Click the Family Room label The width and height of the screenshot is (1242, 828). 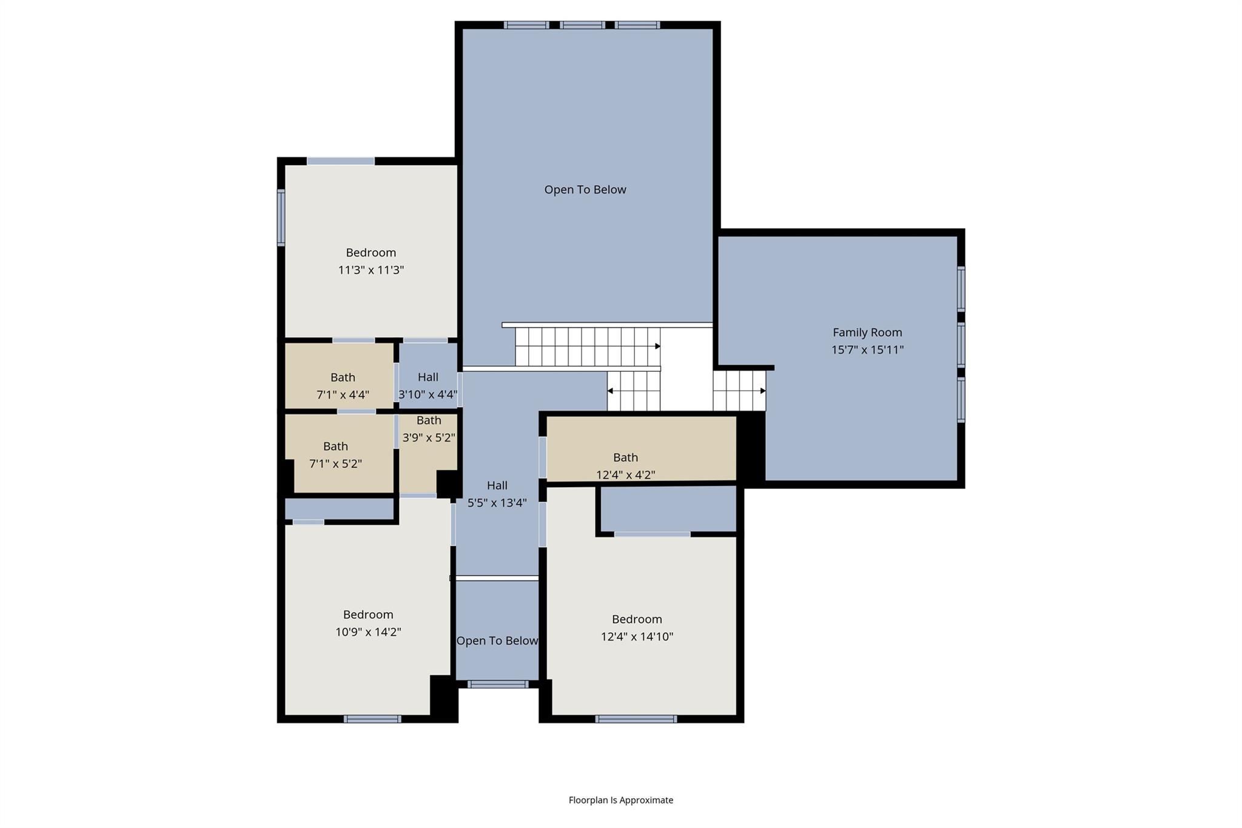coord(867,332)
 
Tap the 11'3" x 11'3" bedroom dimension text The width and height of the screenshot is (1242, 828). coord(371,270)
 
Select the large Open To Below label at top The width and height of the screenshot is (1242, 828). coord(585,189)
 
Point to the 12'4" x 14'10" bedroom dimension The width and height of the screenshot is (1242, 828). coord(637,636)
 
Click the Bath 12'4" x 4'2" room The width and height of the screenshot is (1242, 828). coord(641,449)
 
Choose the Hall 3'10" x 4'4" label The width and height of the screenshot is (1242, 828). coord(428,377)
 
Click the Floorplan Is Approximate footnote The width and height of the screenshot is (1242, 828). coord(620,799)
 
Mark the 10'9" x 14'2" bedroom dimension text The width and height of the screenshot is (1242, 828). coord(368,631)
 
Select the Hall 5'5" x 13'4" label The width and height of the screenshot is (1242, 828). coord(497,485)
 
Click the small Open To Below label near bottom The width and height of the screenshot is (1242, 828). coord(497,641)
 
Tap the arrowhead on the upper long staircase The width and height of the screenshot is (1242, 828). coord(657,346)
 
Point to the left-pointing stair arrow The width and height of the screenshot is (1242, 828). coord(610,391)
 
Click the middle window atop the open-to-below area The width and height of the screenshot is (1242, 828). coord(582,25)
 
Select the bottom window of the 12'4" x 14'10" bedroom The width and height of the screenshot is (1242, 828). coord(636,719)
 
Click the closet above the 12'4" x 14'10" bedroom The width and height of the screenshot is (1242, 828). coord(668,508)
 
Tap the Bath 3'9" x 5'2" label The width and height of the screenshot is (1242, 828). coord(429,420)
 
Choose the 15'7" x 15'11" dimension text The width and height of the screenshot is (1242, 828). coord(867,349)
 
